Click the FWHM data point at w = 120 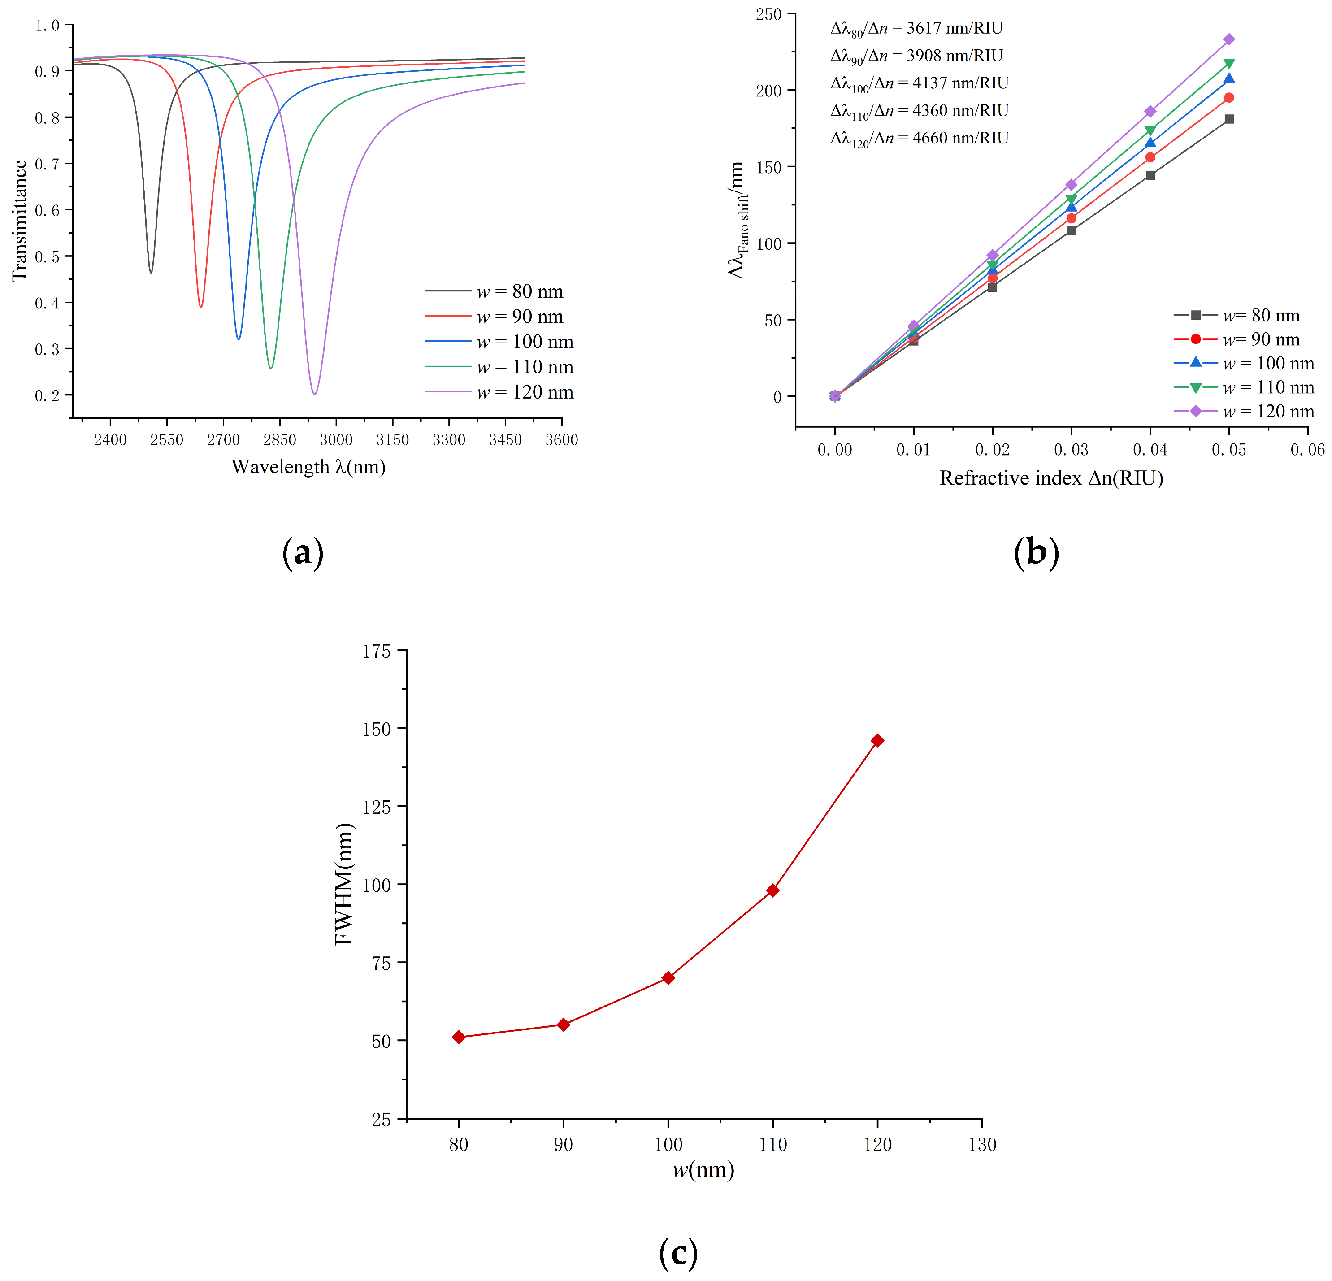click(877, 740)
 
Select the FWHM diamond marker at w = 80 click(459, 1037)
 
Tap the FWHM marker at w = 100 click(668, 977)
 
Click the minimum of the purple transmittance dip click(314, 393)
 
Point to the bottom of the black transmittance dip click(151, 272)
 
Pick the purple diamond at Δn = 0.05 click(1229, 39)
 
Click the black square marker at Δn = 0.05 click(1229, 119)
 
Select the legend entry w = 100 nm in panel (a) click(524, 342)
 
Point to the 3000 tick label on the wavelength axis click(336, 440)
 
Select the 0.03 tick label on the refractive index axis click(1071, 450)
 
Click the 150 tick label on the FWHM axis click(377, 729)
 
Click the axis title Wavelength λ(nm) click(308, 467)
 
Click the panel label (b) click(1036, 552)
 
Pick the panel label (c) click(678, 1252)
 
